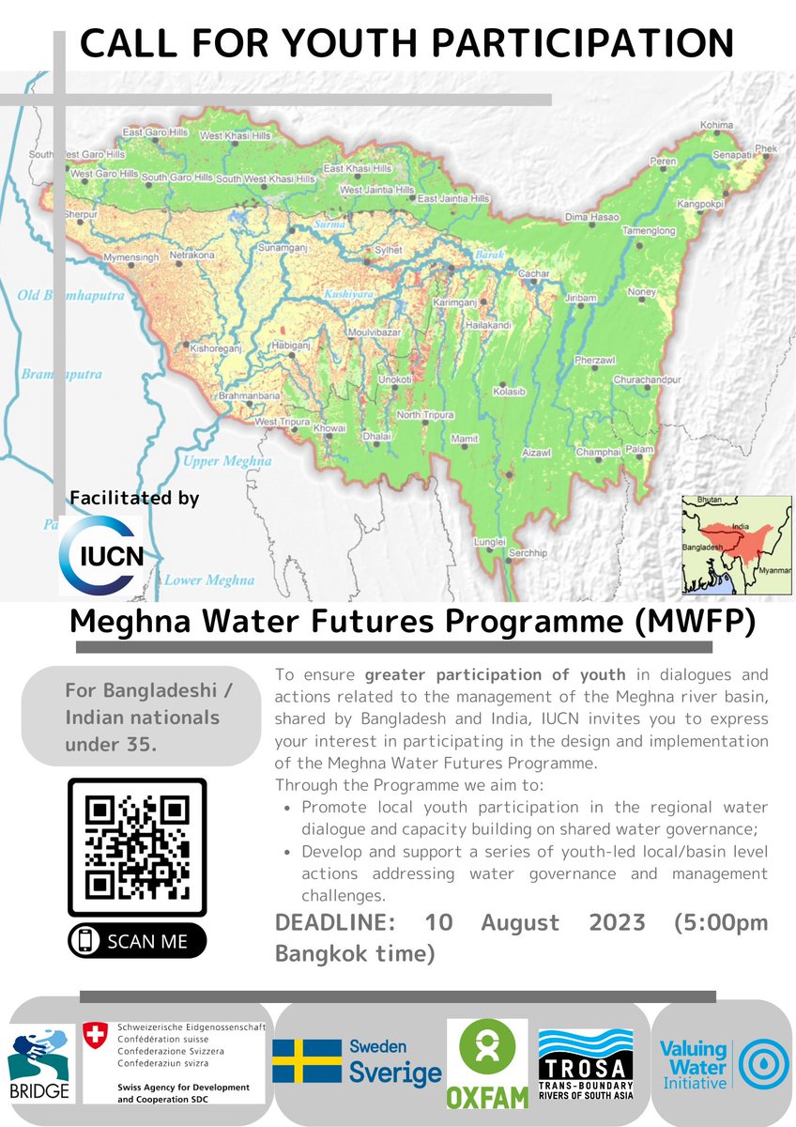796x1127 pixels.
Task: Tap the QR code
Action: tap(137, 847)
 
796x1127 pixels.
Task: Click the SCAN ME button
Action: tap(137, 940)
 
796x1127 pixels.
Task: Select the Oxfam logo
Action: tap(486, 1063)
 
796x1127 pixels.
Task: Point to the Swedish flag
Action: tap(307, 1061)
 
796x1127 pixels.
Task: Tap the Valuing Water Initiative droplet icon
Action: tap(763, 1065)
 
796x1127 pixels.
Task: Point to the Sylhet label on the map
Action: tap(388, 251)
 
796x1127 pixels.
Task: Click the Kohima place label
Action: tap(716, 125)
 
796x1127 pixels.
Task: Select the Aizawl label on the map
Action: tap(536, 453)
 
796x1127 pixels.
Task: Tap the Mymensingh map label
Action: tap(126, 256)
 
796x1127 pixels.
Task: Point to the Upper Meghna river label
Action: tap(227, 461)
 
